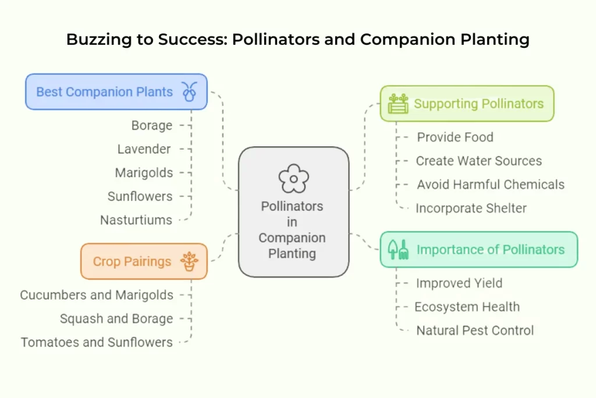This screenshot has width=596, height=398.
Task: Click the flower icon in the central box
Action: click(x=293, y=178)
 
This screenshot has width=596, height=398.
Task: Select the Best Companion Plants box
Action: click(x=116, y=91)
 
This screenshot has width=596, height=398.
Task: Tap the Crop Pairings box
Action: click(x=144, y=261)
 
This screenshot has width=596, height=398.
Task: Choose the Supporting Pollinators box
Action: click(x=467, y=104)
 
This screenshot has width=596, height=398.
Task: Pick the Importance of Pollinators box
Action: click(x=478, y=249)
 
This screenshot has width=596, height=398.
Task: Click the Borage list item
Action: click(x=152, y=125)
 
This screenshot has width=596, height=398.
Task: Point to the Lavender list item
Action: click(x=144, y=149)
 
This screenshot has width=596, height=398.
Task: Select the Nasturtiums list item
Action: click(x=136, y=220)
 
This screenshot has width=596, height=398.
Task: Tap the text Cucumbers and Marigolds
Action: click(x=97, y=295)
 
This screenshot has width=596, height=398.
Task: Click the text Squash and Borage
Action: click(x=116, y=319)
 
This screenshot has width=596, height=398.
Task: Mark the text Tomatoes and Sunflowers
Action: click(x=97, y=342)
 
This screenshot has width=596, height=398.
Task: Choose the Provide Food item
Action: click(x=455, y=138)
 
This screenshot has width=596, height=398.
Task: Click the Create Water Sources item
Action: click(x=478, y=161)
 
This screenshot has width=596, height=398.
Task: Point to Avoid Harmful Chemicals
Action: click(x=491, y=185)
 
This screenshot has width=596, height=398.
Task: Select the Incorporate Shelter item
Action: click(x=471, y=208)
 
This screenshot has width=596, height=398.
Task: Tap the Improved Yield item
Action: click(x=459, y=283)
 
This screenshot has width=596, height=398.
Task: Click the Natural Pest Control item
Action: click(x=475, y=330)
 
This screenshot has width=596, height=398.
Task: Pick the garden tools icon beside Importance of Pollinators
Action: click(x=399, y=249)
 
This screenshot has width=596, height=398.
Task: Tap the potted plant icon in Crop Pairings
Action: click(x=189, y=261)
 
